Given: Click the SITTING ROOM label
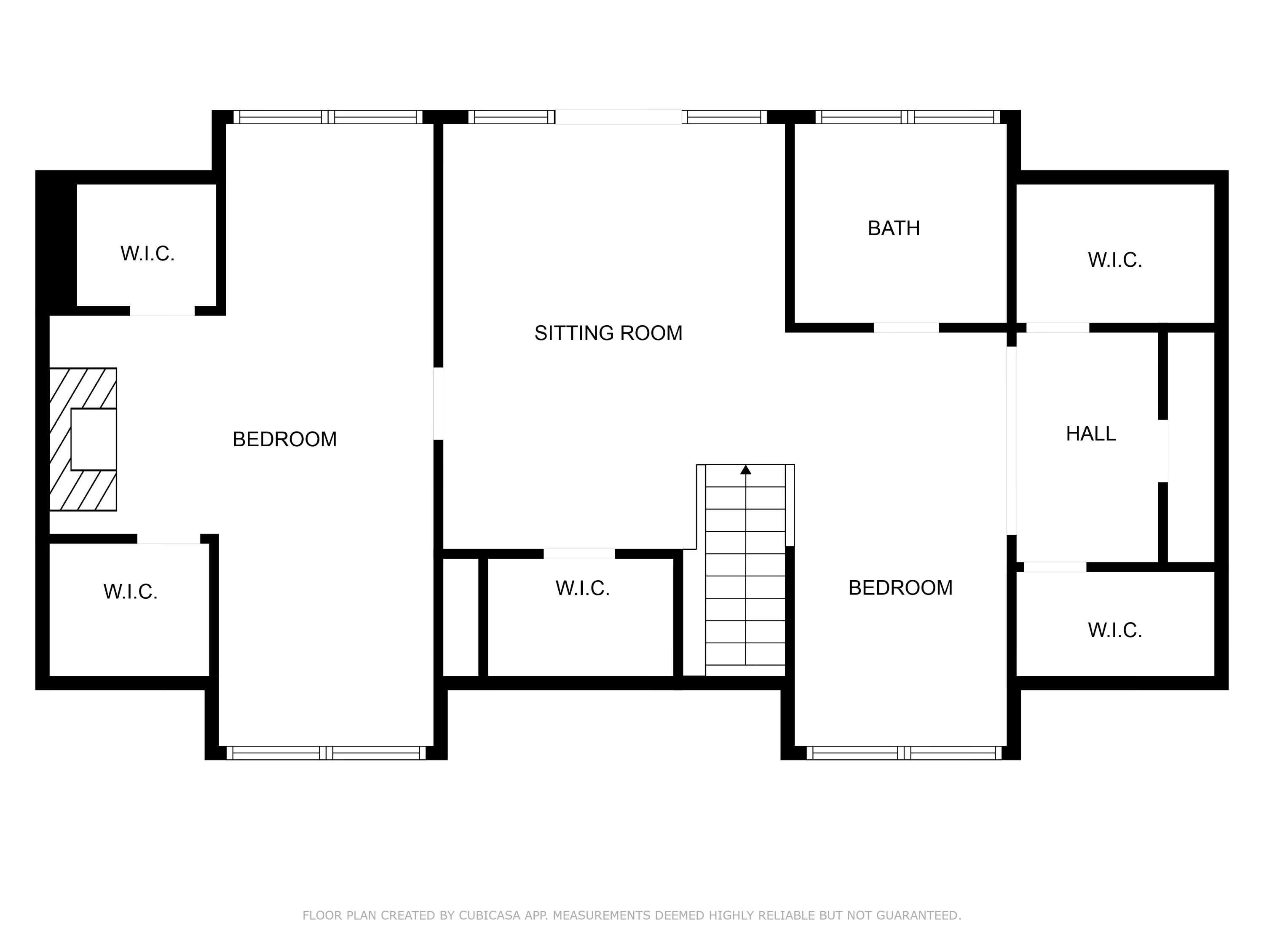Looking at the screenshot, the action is pyautogui.click(x=608, y=333).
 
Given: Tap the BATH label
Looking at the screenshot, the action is pyautogui.click(x=894, y=228).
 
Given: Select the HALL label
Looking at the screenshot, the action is pyautogui.click(x=1090, y=434).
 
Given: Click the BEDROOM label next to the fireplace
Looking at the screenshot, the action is pyautogui.click(x=284, y=439).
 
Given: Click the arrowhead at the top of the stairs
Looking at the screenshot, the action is pyautogui.click(x=746, y=470).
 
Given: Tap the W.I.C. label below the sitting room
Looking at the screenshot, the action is pyautogui.click(x=582, y=588).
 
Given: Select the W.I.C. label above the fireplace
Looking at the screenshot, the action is pyautogui.click(x=147, y=254).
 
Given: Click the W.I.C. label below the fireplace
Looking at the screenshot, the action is pyautogui.click(x=130, y=592).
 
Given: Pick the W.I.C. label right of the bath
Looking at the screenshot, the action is pyautogui.click(x=1115, y=260).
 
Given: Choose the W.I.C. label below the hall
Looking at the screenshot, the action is pyautogui.click(x=1115, y=630).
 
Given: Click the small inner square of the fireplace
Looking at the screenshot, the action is pyautogui.click(x=94, y=439).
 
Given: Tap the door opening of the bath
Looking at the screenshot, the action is pyautogui.click(x=906, y=328).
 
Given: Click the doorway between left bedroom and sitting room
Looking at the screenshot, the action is pyautogui.click(x=438, y=404).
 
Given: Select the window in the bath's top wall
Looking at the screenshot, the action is pyautogui.click(x=908, y=117).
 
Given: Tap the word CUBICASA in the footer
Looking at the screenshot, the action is pyautogui.click(x=489, y=916).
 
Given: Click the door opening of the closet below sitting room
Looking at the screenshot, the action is pyautogui.click(x=579, y=554).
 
